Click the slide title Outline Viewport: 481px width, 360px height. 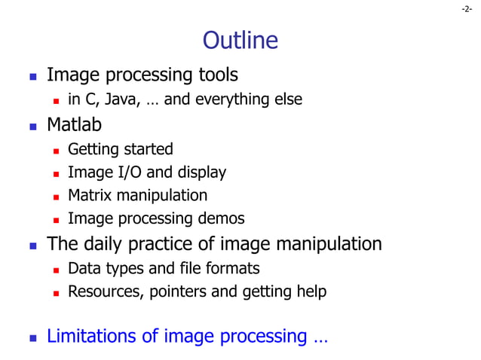pos(240,40)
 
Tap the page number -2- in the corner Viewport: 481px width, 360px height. pos(467,9)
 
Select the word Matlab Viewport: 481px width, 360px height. pos(74,124)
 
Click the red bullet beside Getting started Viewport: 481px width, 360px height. pos(55,150)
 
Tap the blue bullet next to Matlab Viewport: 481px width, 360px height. pos(32,125)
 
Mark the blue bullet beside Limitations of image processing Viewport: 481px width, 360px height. pos(32,337)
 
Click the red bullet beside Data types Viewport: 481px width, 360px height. pos(55,269)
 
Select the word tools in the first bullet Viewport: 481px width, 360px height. pos(218,75)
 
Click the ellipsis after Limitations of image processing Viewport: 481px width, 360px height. pos(320,337)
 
